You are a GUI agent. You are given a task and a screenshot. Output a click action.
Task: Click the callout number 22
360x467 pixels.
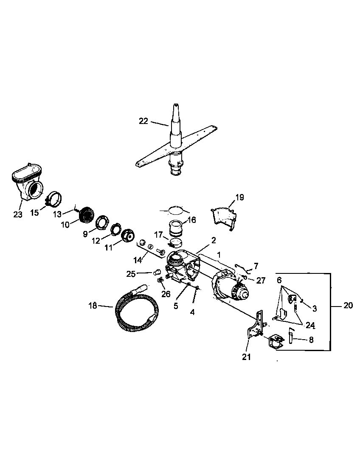pos(143,121)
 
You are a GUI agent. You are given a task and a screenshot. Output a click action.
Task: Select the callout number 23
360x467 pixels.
pos(17,214)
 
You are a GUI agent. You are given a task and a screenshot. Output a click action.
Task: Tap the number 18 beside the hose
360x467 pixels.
pos(93,305)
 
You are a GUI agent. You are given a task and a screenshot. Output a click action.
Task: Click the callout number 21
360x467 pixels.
pos(246,357)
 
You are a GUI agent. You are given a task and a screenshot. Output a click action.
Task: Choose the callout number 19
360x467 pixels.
pos(239,197)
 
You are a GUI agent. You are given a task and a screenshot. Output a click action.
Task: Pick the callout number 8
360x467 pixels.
pos(311,339)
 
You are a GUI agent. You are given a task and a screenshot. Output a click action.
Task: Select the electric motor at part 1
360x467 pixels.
pos(231,289)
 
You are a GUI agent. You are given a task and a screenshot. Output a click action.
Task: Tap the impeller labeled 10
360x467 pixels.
pos(87,215)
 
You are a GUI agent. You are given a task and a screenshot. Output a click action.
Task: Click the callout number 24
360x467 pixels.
pos(310,325)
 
